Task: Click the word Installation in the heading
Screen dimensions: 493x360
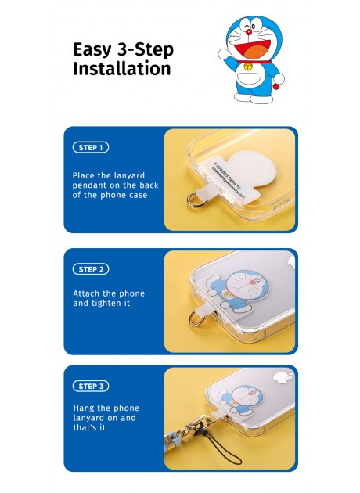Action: click(121, 68)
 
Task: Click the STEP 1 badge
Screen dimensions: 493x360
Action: click(91, 147)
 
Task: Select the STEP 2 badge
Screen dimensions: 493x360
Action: click(91, 269)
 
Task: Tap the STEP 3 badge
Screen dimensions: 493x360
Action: click(91, 386)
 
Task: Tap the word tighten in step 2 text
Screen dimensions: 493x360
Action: click(117, 303)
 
